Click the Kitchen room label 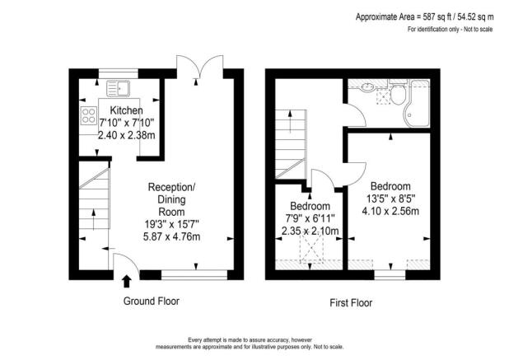pos(126,110)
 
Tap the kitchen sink pos(120,86)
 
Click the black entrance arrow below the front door pos(124,283)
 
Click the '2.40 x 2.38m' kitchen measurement pos(126,137)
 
